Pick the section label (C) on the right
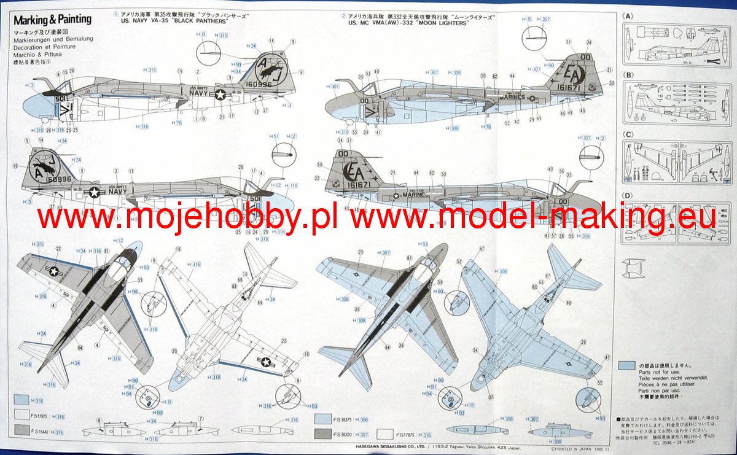point(627,134)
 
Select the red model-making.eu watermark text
point(534,217)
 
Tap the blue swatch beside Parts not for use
point(627,365)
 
